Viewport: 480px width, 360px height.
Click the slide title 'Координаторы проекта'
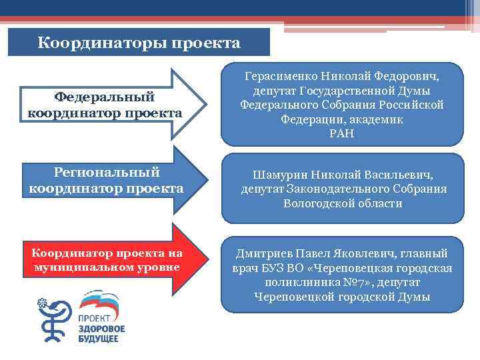coord(139,43)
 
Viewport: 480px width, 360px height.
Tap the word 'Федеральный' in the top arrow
coord(104,97)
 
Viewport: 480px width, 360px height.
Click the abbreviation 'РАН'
coord(341,134)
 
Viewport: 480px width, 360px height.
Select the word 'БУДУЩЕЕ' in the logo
coord(99,340)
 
